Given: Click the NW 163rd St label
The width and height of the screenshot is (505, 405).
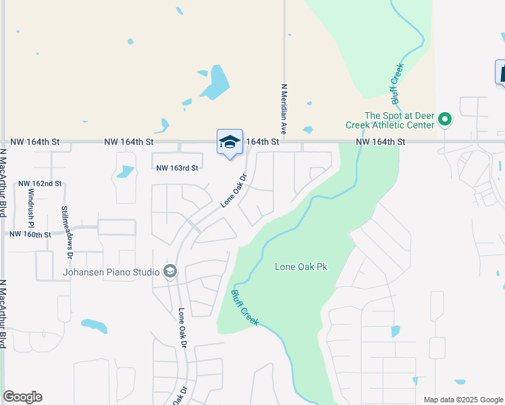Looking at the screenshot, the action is pos(178,168).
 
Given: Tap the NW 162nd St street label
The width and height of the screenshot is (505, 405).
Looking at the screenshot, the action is pos(40,184).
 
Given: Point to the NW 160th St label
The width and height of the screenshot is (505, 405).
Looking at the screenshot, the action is pos(30,234).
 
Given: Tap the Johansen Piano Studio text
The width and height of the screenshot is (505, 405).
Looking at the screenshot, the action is pos(111,272).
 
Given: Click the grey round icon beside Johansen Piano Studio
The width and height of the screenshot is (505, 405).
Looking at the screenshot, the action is pos(169,272).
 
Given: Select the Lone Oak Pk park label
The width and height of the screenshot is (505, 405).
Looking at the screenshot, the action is pos(300,267).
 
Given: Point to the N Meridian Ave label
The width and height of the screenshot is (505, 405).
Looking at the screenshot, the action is pos(284,108).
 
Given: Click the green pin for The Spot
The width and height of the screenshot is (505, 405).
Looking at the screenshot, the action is pos(444,119).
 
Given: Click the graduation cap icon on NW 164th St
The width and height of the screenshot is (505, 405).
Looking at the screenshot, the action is pos(230,142).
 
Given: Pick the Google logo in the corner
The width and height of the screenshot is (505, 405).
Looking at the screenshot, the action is pos(22,397).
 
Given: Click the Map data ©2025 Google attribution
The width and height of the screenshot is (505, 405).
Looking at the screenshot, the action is pos(462,400).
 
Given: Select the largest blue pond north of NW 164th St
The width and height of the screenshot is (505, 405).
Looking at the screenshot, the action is pos(216,82).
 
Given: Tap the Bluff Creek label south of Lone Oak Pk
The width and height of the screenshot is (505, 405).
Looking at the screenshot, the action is pos(244,308).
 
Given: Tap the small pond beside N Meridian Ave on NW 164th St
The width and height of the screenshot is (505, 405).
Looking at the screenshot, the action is pos(308,130).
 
